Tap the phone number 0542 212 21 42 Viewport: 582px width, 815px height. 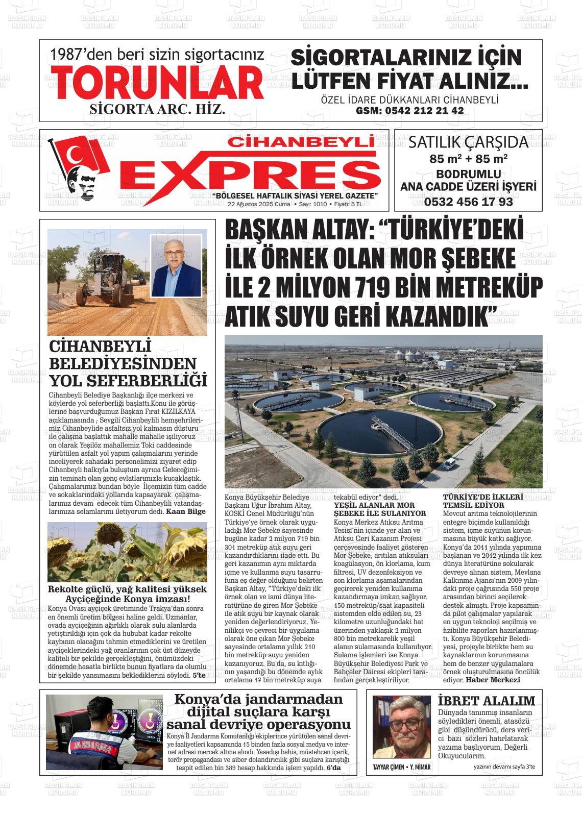click(x=409, y=111)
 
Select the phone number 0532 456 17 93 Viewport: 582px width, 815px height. click(x=468, y=202)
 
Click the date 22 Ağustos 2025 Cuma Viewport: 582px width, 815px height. click(x=258, y=204)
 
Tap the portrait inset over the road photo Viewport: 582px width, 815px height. click(x=176, y=265)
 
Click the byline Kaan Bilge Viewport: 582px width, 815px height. click(x=186, y=511)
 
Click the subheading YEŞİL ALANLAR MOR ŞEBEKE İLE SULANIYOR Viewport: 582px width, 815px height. click(x=379, y=509)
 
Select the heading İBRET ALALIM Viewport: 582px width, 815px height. click(x=486, y=701)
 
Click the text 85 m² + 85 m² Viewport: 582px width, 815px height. click(x=468, y=158)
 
